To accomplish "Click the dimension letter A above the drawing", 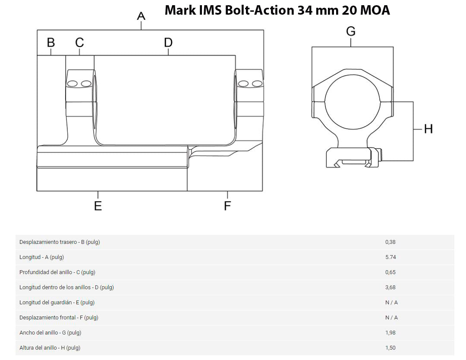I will [141, 16].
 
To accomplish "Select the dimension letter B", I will [51, 43].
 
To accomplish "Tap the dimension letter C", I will [79, 43].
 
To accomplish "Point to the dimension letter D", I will [168, 43].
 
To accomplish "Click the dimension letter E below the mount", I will [98, 206].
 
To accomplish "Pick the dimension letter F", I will [227, 206].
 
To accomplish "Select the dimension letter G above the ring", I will [351, 32].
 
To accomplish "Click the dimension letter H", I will [428, 129].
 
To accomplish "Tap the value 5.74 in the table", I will [390, 257].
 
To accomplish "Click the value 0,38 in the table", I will [390, 242].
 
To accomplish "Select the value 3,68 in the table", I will [390, 287].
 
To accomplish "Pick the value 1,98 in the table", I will [390, 333].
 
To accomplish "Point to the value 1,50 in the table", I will [390, 348].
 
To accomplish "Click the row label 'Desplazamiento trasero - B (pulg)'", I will [60, 242].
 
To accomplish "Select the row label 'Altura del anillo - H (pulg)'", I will [50, 348].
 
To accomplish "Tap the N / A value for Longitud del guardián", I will [391, 303].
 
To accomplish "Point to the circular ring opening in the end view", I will [353, 104].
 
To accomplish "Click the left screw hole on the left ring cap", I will [72, 83].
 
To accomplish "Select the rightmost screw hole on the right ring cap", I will [257, 83].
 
